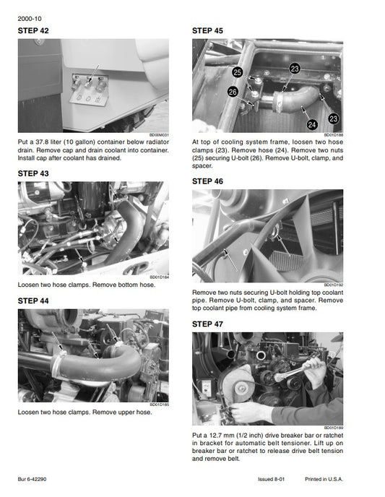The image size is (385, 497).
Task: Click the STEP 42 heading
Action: click(x=33, y=31)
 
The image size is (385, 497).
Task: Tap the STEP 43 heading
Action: click(x=33, y=173)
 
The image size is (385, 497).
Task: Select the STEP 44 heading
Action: click(x=33, y=301)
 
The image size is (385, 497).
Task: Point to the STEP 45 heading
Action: click(x=207, y=31)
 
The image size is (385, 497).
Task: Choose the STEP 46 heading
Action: click(x=207, y=181)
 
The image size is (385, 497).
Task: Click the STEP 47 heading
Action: click(x=207, y=324)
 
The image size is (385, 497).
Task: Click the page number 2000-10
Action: click(x=30, y=19)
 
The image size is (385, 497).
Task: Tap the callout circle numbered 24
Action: click(x=312, y=124)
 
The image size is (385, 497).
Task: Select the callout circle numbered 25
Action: click(x=238, y=72)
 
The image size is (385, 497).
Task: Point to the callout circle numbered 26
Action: click(x=233, y=92)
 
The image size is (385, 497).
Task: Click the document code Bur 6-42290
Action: click(x=32, y=479)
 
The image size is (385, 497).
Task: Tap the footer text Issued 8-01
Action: click(x=272, y=479)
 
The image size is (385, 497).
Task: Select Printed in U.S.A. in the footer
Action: click(x=324, y=479)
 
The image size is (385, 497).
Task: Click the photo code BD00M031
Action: click(x=159, y=135)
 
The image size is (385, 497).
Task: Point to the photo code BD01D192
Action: click(x=333, y=285)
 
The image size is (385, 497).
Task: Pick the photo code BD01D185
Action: click(x=159, y=405)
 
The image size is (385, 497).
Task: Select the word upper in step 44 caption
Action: click(x=126, y=412)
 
